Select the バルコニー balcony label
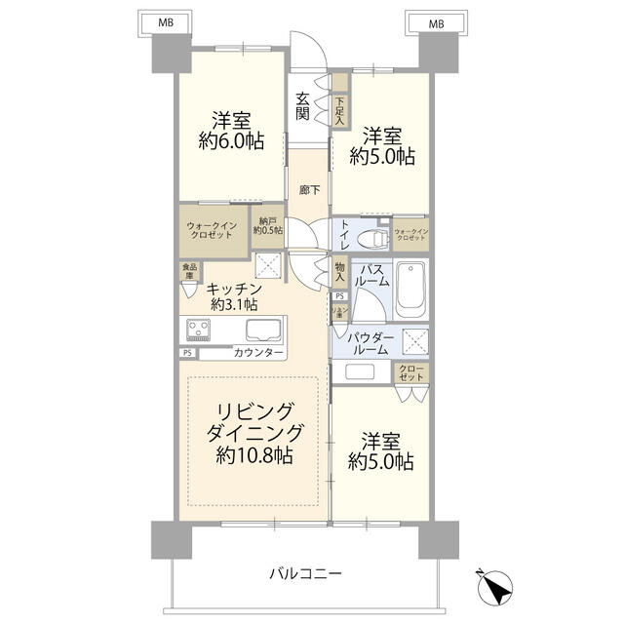[x=305, y=574]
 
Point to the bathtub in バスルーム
[x=412, y=290]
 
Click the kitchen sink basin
[x=262, y=330]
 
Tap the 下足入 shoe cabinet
[x=339, y=106]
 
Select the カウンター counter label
[x=259, y=352]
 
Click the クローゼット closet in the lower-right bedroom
[x=409, y=372]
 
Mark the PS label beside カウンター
[x=187, y=352]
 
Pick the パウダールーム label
[x=371, y=343]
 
